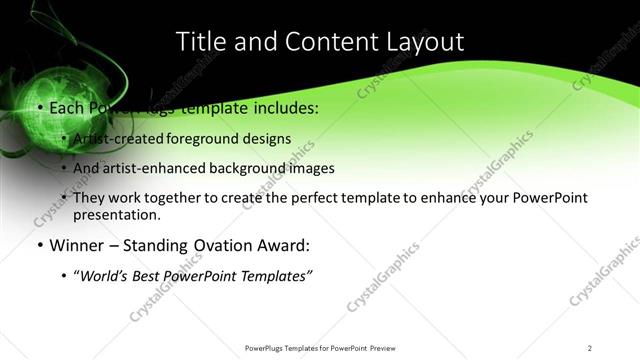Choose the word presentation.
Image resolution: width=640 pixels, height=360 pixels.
point(116,215)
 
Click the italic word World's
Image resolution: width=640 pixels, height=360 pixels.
point(103,276)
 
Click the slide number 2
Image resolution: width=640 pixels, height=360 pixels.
point(590,347)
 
